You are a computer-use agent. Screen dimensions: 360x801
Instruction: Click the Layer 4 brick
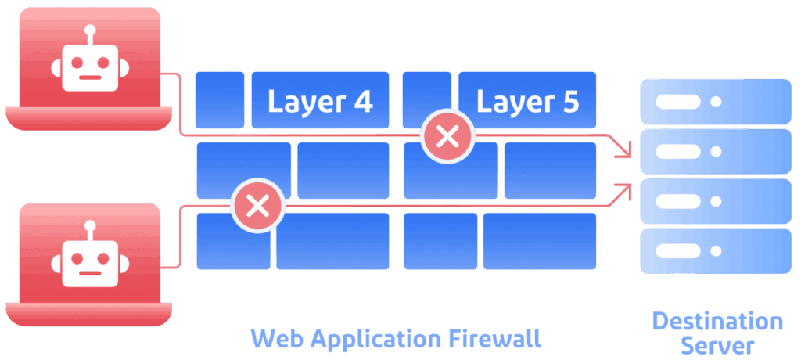click(x=320, y=100)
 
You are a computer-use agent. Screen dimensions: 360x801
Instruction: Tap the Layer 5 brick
click(x=527, y=100)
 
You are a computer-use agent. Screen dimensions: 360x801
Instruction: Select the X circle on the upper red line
click(x=447, y=137)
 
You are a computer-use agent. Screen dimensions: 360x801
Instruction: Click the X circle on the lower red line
click(x=257, y=206)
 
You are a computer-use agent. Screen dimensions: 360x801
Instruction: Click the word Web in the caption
click(x=278, y=339)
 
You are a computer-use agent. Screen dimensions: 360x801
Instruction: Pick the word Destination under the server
click(x=717, y=321)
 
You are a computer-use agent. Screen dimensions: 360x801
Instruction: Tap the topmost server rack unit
click(x=716, y=102)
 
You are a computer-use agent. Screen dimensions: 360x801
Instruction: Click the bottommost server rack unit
click(x=716, y=250)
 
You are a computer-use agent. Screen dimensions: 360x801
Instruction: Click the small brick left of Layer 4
click(x=220, y=99)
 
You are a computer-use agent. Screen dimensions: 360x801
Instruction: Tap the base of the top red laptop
click(x=88, y=118)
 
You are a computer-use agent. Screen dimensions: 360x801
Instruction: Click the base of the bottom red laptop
click(x=88, y=314)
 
